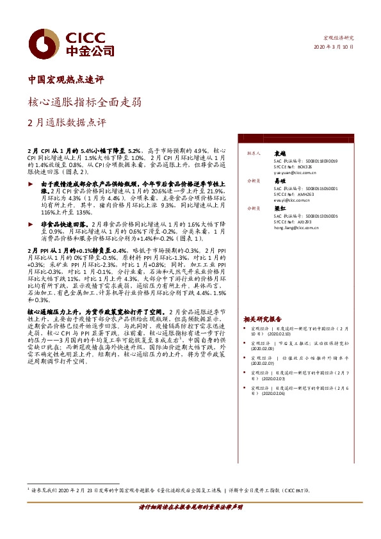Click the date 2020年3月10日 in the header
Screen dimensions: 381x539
pyautogui.click(x=333, y=47)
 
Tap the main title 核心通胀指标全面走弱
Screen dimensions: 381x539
pyautogui.click(x=85, y=101)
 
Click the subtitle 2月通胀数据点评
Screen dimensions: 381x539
pyautogui.click(x=67, y=122)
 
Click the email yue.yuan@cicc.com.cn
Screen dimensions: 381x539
pyautogui.click(x=295, y=173)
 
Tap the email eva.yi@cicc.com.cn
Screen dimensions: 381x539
pyautogui.click(x=292, y=200)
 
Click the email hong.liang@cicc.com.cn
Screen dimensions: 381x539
pyautogui.click(x=296, y=227)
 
